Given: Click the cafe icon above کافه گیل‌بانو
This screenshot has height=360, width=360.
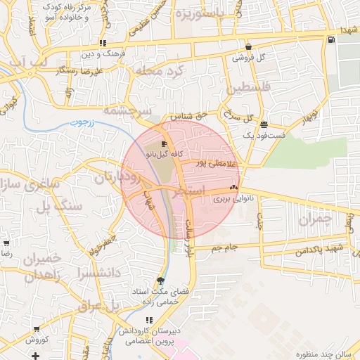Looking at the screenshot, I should point(164,143).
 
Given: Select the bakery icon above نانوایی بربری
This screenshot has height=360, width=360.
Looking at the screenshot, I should point(234,188).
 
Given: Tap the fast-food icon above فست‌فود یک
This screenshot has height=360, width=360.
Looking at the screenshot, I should point(264,124).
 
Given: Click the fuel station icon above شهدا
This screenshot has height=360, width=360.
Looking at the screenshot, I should point(331,39).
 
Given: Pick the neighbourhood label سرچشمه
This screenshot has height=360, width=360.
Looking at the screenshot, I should point(127,110).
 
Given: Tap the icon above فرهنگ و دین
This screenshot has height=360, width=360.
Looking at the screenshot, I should point(103,43).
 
